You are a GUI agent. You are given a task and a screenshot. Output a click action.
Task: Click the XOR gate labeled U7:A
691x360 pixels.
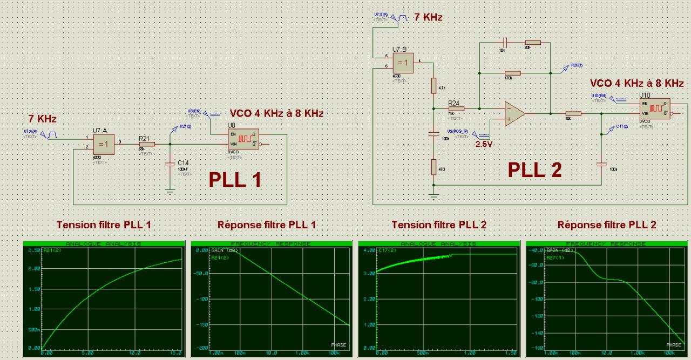[103, 144]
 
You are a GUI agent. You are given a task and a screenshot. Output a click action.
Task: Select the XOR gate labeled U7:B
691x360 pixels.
[403, 63]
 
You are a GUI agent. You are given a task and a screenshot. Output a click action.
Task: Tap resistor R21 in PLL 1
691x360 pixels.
[147, 144]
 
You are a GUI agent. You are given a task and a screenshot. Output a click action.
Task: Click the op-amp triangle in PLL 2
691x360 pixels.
[513, 114]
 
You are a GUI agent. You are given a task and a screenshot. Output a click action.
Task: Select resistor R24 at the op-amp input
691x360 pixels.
[456, 108]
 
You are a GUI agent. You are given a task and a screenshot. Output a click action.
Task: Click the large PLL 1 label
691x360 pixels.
[235, 179]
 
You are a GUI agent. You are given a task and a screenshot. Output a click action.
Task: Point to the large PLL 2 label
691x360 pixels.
[534, 169]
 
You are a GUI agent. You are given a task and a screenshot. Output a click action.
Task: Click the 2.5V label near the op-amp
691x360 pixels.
[484, 144]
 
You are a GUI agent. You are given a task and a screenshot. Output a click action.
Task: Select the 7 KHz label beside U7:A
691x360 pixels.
[42, 118]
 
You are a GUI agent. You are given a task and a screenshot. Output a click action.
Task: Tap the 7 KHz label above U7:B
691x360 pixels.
[428, 17]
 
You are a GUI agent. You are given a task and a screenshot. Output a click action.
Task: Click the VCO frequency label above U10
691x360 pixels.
[636, 83]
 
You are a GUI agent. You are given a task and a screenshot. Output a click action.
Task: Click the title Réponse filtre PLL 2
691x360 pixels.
[607, 225]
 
